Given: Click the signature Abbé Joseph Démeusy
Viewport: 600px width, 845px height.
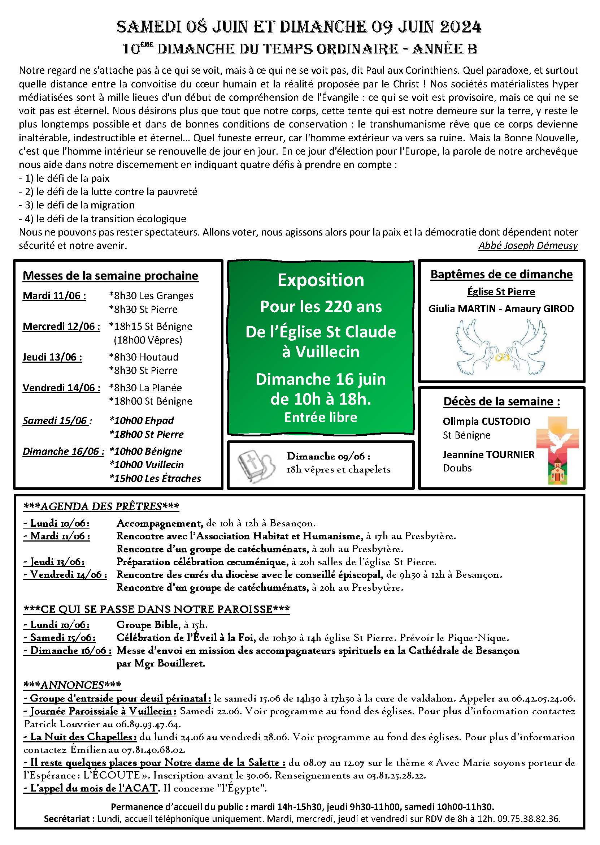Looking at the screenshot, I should tap(527, 245).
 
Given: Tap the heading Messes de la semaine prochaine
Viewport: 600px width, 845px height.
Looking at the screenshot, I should tap(110, 276).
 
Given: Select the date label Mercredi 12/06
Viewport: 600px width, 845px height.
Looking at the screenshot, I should tap(61, 326).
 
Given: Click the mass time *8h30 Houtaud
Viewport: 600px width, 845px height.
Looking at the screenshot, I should tap(144, 357).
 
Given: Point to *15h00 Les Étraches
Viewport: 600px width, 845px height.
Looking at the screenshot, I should tap(155, 478).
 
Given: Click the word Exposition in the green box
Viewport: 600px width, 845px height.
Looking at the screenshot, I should tap(321, 280).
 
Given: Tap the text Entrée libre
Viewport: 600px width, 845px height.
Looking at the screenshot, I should tap(321, 417).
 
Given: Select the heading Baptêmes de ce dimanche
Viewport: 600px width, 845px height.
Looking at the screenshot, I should tap(501, 274).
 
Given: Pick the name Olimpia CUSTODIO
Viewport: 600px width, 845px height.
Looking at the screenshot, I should tap(487, 421).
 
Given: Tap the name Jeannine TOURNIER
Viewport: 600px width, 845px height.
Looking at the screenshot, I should tap(488, 455).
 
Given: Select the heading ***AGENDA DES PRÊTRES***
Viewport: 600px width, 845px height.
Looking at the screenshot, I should tap(101, 506).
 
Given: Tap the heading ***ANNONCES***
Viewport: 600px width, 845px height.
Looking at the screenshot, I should tap(72, 685).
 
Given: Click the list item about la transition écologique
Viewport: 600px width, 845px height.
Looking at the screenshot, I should tap(103, 219).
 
